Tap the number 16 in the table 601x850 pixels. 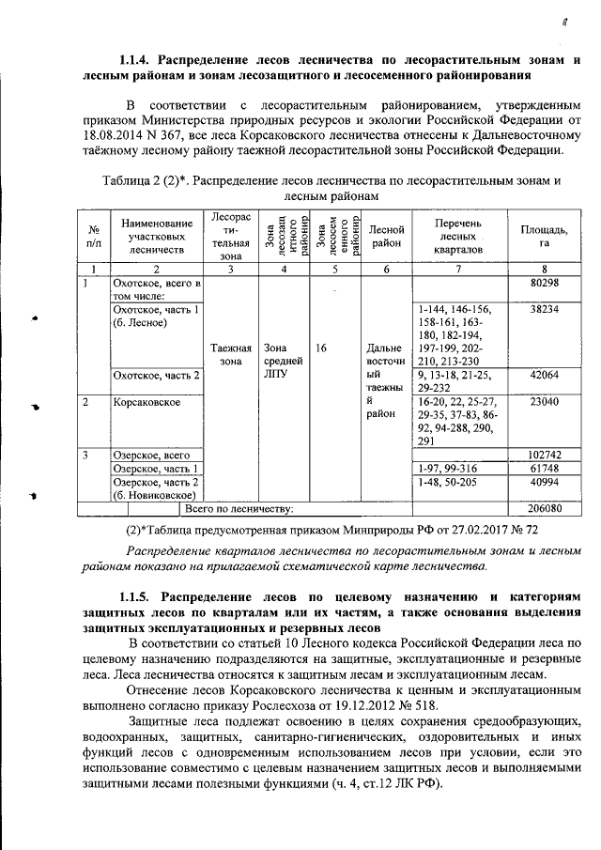coord(321,348)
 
